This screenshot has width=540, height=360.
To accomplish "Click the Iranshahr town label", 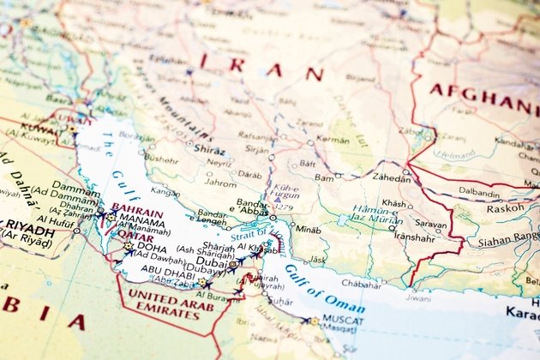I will pyautogui.click(x=413, y=237).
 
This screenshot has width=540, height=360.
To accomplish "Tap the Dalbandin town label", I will pyautogui.click(x=478, y=192).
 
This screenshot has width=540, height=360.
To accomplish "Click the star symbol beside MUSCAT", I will pyautogui.click(x=315, y=321).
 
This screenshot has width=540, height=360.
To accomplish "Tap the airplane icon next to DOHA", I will pyautogui.click(x=128, y=255).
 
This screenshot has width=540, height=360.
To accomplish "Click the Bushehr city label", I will pyautogui.click(x=162, y=159).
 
